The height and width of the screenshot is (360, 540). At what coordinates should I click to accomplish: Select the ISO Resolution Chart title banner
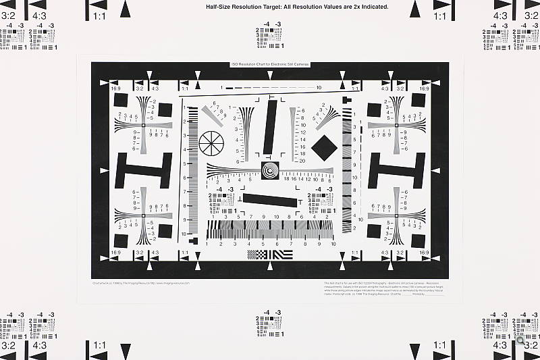269,64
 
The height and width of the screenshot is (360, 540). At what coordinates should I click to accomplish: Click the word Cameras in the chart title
297,64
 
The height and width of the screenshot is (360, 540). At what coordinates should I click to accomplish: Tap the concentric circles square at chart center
270,170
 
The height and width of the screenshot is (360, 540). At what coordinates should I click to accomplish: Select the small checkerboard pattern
257,255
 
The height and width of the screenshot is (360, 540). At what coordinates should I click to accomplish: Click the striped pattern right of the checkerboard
281,255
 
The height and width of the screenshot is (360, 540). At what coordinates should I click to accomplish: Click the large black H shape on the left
144,170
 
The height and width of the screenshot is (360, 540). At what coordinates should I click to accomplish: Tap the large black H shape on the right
396,170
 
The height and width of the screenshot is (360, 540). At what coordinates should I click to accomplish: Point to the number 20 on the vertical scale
302,161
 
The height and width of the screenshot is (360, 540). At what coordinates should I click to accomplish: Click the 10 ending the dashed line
319,88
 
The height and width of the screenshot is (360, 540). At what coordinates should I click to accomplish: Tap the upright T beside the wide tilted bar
299,202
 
